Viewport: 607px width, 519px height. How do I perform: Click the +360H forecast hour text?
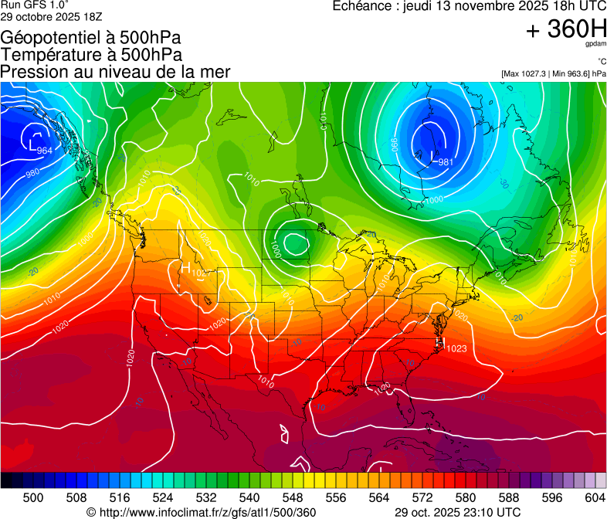(x=566, y=29)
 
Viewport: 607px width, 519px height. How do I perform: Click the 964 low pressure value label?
(x=45, y=150)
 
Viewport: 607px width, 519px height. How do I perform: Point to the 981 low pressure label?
(x=446, y=162)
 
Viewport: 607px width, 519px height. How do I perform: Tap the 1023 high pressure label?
(x=456, y=348)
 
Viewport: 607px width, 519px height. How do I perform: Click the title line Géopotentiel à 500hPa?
(x=91, y=38)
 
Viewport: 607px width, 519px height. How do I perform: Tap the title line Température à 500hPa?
(x=91, y=55)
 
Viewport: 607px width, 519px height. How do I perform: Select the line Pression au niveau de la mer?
(x=115, y=72)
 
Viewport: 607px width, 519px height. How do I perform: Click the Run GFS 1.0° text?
(x=35, y=5)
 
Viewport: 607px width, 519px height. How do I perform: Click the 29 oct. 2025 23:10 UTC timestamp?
(x=457, y=512)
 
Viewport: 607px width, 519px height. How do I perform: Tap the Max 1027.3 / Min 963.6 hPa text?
(x=553, y=73)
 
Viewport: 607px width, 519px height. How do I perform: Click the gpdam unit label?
(x=595, y=45)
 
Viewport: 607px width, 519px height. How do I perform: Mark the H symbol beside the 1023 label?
(x=440, y=341)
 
